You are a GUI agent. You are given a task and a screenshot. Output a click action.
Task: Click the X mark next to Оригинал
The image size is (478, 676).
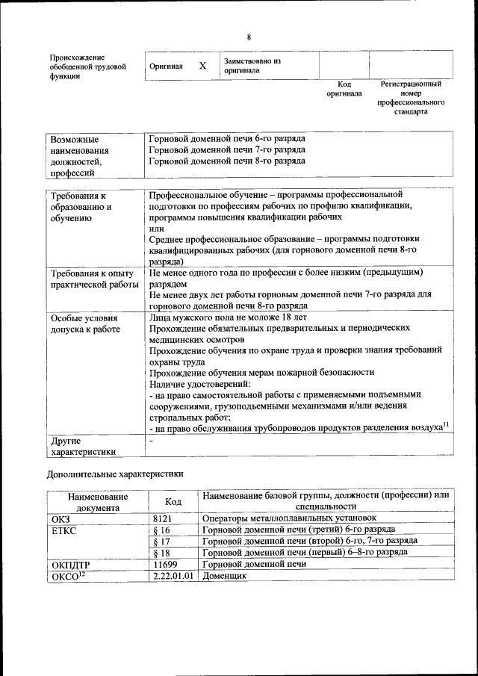[202, 66]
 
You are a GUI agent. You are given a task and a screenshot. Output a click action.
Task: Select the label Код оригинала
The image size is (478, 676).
[344, 90]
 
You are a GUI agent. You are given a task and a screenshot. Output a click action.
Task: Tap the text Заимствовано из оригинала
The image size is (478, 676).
[251, 66]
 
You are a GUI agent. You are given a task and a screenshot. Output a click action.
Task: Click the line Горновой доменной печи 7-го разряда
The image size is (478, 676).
[227, 150]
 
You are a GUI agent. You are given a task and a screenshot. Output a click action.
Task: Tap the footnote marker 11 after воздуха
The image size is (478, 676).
[446, 424]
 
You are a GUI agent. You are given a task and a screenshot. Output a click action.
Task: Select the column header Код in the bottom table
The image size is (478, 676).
[173, 502]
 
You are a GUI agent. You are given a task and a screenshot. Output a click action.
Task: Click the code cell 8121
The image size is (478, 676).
[162, 518]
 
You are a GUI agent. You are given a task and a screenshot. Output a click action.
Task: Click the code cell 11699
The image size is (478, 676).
[165, 565]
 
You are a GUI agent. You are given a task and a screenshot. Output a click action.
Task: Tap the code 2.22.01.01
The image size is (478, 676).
[173, 577]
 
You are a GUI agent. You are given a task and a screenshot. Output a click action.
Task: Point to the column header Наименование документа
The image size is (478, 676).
[97, 502]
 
